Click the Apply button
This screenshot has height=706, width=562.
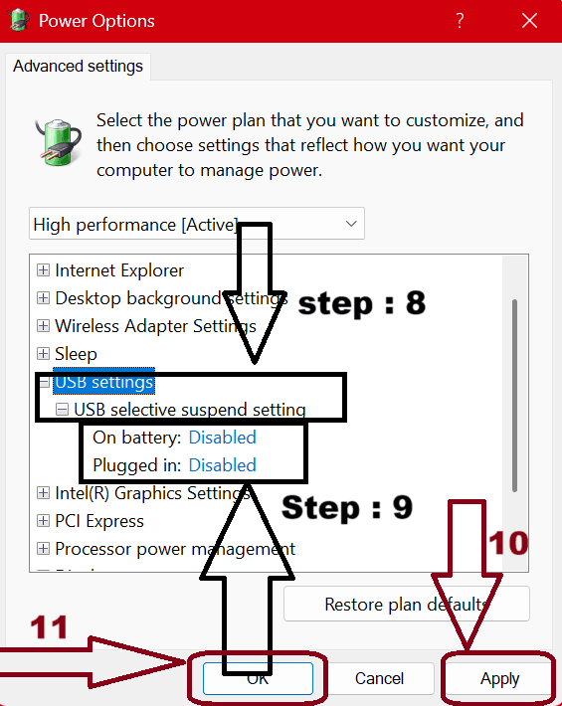point(499,678)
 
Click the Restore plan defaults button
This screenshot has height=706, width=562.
point(406,604)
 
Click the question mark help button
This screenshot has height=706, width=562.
point(460,20)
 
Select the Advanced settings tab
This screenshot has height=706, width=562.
point(79,67)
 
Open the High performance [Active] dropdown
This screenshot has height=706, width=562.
point(197,224)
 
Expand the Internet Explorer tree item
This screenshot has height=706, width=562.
point(43,270)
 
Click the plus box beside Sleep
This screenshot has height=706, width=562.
point(43,354)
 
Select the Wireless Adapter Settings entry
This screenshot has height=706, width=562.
point(155,326)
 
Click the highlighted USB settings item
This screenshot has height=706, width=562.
point(103,382)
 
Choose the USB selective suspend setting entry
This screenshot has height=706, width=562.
point(189,410)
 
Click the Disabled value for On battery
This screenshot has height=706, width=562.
point(222,438)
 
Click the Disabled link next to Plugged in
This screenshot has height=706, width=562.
point(222,465)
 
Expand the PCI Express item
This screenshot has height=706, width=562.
point(43,521)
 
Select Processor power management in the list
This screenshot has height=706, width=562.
point(175,549)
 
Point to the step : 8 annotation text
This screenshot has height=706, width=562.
point(362,303)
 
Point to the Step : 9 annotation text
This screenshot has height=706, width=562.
point(346,507)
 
